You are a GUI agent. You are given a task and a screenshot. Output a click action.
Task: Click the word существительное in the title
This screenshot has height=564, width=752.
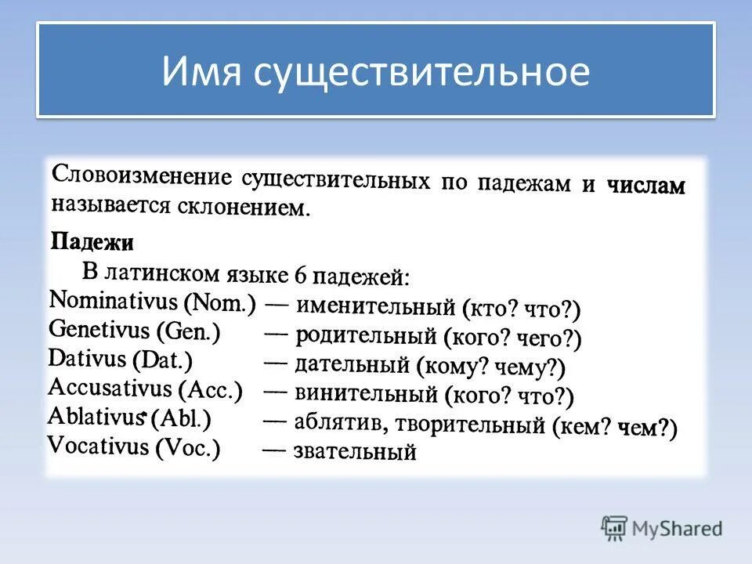pyautogui.click(x=421, y=72)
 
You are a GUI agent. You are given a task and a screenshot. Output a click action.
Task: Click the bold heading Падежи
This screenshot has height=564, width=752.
pyautogui.click(x=92, y=241)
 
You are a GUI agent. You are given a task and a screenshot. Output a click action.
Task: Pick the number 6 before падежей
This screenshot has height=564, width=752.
pyautogui.click(x=301, y=275)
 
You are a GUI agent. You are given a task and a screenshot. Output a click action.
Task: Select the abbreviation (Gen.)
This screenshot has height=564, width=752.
pyautogui.click(x=188, y=331)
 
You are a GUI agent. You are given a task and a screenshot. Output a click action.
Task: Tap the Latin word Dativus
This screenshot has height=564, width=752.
pyautogui.click(x=87, y=359)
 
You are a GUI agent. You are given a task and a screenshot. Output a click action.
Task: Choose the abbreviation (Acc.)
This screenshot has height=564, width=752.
pyautogui.click(x=211, y=389)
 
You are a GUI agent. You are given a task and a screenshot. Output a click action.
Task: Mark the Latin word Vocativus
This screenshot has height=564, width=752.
pyautogui.click(x=98, y=446)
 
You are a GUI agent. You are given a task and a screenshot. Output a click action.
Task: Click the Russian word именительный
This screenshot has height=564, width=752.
pyautogui.click(x=375, y=305)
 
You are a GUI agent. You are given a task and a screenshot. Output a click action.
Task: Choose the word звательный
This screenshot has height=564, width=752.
pyautogui.click(x=354, y=451)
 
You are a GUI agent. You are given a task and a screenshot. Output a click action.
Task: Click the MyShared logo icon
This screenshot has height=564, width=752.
pyautogui.click(x=615, y=527)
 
